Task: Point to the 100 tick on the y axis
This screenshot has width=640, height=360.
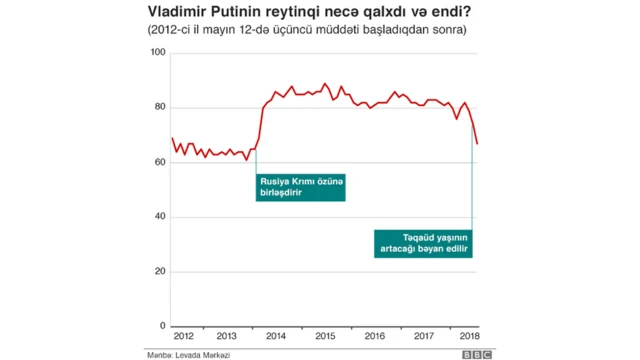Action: [x=157, y=53]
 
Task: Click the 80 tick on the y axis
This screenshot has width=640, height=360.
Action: [x=159, y=107]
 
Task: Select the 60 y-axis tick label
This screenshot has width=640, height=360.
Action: [x=159, y=162]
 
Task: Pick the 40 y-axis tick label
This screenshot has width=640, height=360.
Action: [x=159, y=217]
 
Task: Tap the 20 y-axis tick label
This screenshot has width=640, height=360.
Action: [x=159, y=271]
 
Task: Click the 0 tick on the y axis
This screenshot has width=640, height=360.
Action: [x=162, y=326]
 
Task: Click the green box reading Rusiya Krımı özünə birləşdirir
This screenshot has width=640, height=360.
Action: [x=298, y=187]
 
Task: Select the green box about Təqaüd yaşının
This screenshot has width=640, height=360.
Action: [x=422, y=242]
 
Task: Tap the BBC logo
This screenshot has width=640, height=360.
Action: [x=476, y=354]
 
